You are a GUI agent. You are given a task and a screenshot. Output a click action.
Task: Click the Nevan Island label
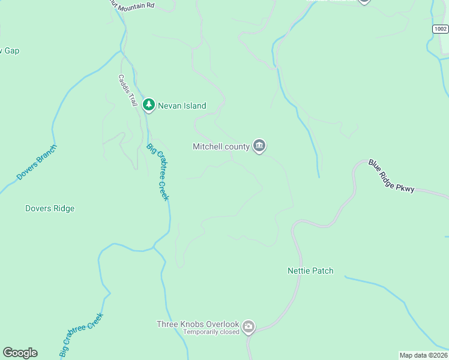click(182, 106)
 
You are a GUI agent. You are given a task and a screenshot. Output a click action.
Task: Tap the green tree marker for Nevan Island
click(149, 105)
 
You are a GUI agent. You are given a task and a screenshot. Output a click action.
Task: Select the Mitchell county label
click(221, 146)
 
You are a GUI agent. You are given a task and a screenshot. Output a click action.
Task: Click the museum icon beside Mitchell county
click(259, 146)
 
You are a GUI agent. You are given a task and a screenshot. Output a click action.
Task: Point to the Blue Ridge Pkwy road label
click(391, 176)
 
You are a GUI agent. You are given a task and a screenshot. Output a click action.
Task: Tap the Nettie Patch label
click(310, 271)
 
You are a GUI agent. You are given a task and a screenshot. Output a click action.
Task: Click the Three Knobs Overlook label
click(198, 324)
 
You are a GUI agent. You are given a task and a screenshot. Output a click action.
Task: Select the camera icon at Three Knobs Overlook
click(249, 328)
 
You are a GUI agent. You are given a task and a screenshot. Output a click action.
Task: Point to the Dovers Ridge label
click(50, 209)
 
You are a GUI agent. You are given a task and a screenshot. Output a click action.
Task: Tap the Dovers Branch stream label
click(37, 163)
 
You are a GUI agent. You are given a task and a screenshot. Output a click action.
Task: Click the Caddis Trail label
click(128, 91)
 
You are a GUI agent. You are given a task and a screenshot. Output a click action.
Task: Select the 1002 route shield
click(441, 29)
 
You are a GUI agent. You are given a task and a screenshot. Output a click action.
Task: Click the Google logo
click(20, 353)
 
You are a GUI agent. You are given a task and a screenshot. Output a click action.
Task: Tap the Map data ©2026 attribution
click(424, 355)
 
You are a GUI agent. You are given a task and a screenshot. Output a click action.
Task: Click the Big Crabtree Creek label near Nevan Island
click(158, 172)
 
